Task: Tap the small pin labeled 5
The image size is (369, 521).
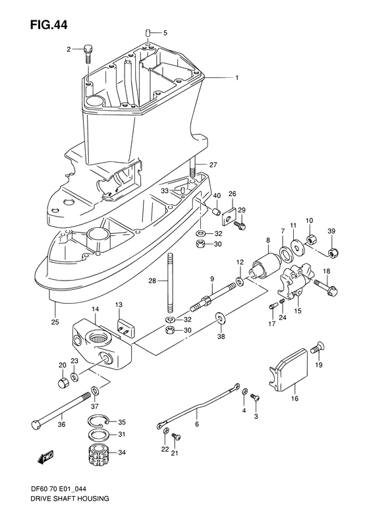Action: coord(149,32)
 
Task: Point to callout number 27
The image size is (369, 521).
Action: coord(213,165)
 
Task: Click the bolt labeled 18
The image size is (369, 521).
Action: coord(326,286)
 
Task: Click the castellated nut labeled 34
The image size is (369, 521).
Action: coord(98,455)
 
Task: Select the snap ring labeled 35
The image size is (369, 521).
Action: coord(98,423)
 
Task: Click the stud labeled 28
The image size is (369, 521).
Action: coord(170,283)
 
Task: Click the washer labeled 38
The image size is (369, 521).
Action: coord(218,320)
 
